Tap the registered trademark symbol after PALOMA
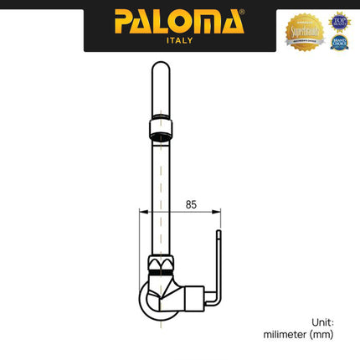pos(242,12)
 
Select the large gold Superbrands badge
pos(305,31)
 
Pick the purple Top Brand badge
pos(339,20)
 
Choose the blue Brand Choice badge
pos(339,41)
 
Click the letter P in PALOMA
pos(124,19)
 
